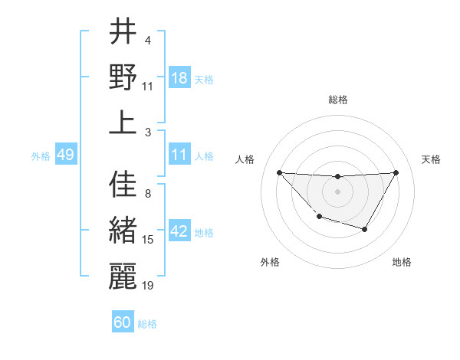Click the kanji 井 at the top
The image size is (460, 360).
tap(123, 32)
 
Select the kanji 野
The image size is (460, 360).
tap(123, 77)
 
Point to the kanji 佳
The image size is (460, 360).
tap(123, 185)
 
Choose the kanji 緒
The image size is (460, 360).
tap(123, 231)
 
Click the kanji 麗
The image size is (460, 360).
tap(123, 276)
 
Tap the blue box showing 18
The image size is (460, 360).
tap(179, 77)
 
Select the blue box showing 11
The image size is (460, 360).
tap(179, 155)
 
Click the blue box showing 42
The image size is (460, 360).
tap(179, 231)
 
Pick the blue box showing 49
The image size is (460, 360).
tap(65, 155)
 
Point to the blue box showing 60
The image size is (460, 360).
tap(123, 322)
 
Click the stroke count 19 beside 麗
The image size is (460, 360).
tap(148, 286)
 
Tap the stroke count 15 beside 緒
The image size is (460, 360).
tap(148, 240)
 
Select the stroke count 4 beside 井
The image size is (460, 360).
tap(147, 41)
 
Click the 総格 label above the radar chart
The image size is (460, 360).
tap(337, 100)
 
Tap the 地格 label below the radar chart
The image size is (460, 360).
tap(402, 263)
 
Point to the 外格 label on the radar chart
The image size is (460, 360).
tap(270, 263)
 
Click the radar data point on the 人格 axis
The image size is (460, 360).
tap(279, 172)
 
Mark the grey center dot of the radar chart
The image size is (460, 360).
tap(337, 191)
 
